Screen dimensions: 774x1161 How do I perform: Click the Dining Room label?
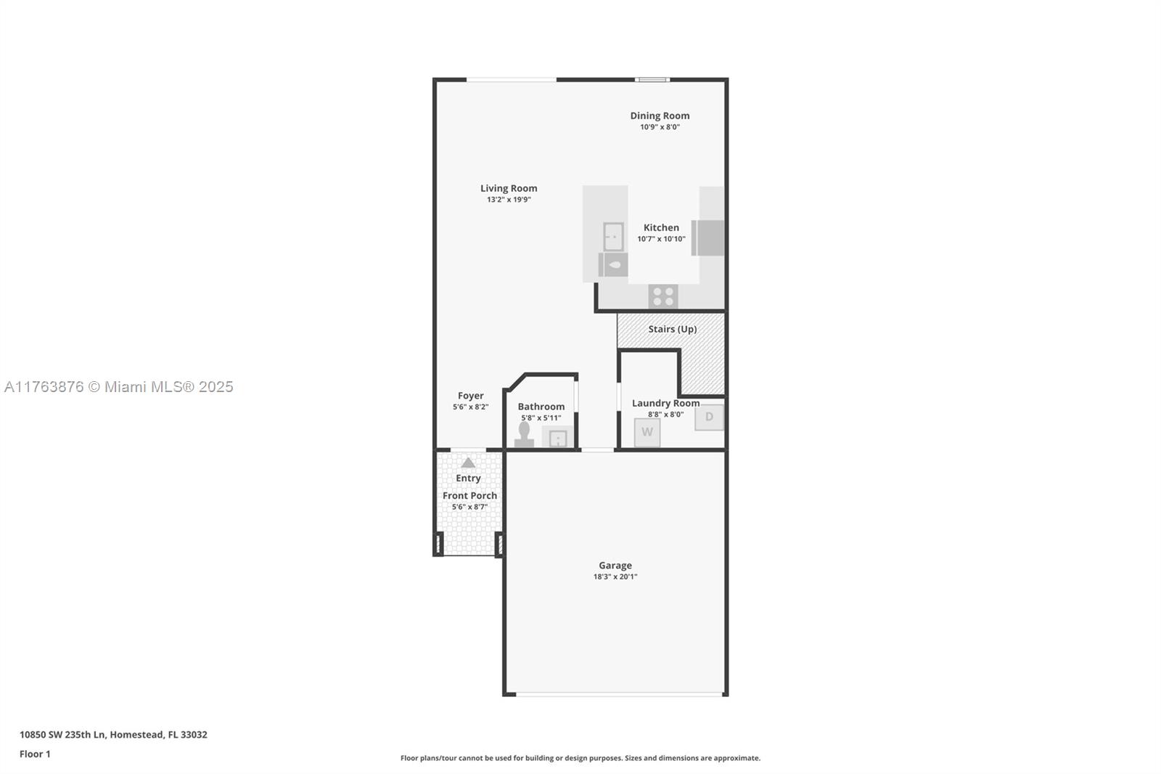pyautogui.click(x=660, y=115)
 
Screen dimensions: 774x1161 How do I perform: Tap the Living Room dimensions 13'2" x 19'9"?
pyautogui.click(x=509, y=200)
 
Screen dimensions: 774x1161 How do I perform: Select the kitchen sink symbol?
pyautogui.click(x=613, y=236)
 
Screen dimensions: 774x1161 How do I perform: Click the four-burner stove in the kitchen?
pyautogui.click(x=662, y=296)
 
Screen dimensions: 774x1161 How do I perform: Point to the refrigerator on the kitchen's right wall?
pyautogui.click(x=708, y=237)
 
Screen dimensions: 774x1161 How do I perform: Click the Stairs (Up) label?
pyautogui.click(x=672, y=329)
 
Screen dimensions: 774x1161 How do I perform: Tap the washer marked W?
pyautogui.click(x=647, y=432)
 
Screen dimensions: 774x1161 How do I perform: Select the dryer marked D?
pyautogui.click(x=709, y=417)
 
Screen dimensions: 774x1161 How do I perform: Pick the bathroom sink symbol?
pyautogui.click(x=557, y=438)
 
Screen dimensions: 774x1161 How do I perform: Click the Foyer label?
pyautogui.click(x=470, y=396)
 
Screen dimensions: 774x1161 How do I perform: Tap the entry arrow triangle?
pyautogui.click(x=468, y=463)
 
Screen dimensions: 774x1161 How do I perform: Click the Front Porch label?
pyautogui.click(x=469, y=495)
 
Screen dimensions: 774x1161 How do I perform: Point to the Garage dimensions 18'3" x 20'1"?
pyautogui.click(x=615, y=577)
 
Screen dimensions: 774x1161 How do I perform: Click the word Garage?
pyautogui.click(x=615, y=565)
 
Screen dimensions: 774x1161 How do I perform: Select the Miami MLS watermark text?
pyautogui.click(x=118, y=387)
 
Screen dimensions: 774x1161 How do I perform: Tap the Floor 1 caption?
pyautogui.click(x=35, y=754)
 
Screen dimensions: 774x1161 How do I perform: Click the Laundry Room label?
pyautogui.click(x=665, y=403)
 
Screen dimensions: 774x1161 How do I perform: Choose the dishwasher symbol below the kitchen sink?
pyautogui.click(x=613, y=264)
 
